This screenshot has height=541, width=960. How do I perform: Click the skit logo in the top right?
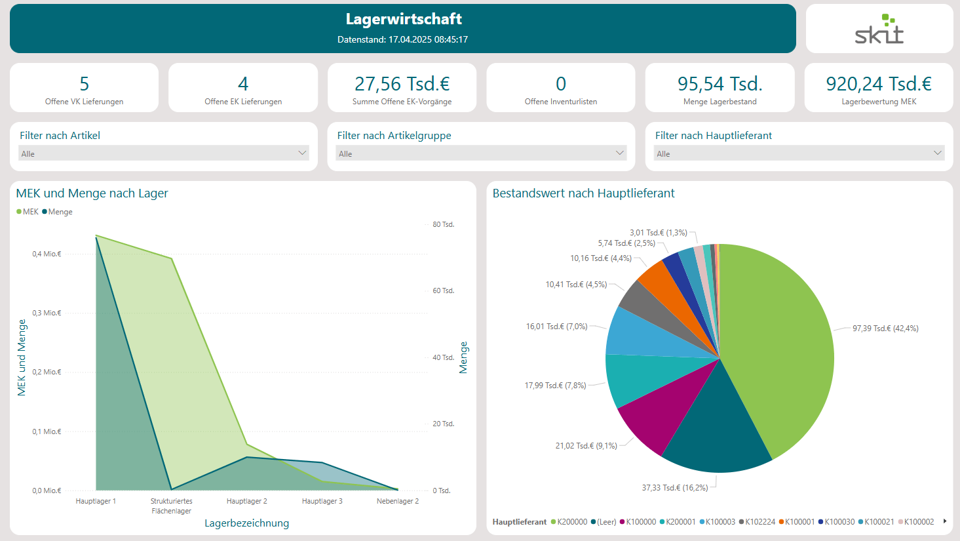tap(879, 30)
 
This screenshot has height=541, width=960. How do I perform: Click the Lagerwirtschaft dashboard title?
tap(403, 19)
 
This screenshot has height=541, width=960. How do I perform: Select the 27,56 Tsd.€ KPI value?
tap(402, 84)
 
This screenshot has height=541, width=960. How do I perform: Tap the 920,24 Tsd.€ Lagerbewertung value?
tap(878, 84)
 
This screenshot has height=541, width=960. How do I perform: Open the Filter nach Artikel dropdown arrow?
tap(302, 153)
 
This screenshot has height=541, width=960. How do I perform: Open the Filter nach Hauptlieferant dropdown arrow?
tap(938, 153)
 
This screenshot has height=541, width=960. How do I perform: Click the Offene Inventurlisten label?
tap(560, 102)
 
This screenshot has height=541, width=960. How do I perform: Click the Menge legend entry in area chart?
tap(60, 212)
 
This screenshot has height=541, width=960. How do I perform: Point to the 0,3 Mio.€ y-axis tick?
tap(47, 313)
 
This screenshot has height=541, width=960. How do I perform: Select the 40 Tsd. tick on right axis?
tap(443, 357)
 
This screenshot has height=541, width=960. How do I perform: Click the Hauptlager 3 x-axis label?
tap(322, 501)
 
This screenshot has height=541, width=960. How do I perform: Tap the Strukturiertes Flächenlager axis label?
tap(171, 506)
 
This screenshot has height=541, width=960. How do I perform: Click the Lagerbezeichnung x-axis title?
tap(246, 523)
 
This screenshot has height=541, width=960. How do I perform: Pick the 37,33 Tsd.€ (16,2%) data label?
tap(674, 488)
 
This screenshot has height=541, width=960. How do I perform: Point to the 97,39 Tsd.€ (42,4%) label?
tap(885, 329)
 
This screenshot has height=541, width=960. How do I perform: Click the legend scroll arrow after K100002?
tap(944, 521)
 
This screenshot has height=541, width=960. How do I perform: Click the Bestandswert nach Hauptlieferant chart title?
tap(583, 193)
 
